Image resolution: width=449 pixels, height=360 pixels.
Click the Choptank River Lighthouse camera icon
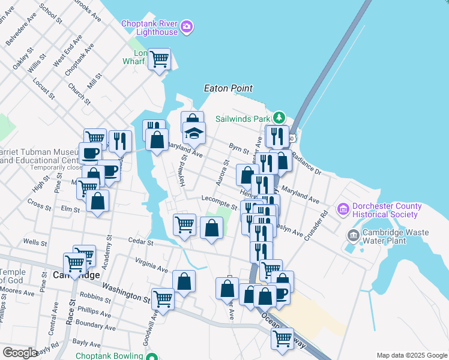click(187, 26)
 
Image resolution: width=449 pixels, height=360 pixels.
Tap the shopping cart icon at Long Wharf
click(159, 59)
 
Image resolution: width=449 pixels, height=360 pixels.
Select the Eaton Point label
click(228, 88)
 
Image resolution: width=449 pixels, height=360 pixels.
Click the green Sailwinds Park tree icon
click(279, 117)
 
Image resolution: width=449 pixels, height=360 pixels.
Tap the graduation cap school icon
click(194, 133)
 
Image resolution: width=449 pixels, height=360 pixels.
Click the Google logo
click(20, 353)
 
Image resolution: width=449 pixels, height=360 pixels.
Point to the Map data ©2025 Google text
click(411, 355)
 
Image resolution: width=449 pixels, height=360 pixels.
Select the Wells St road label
click(35, 243)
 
